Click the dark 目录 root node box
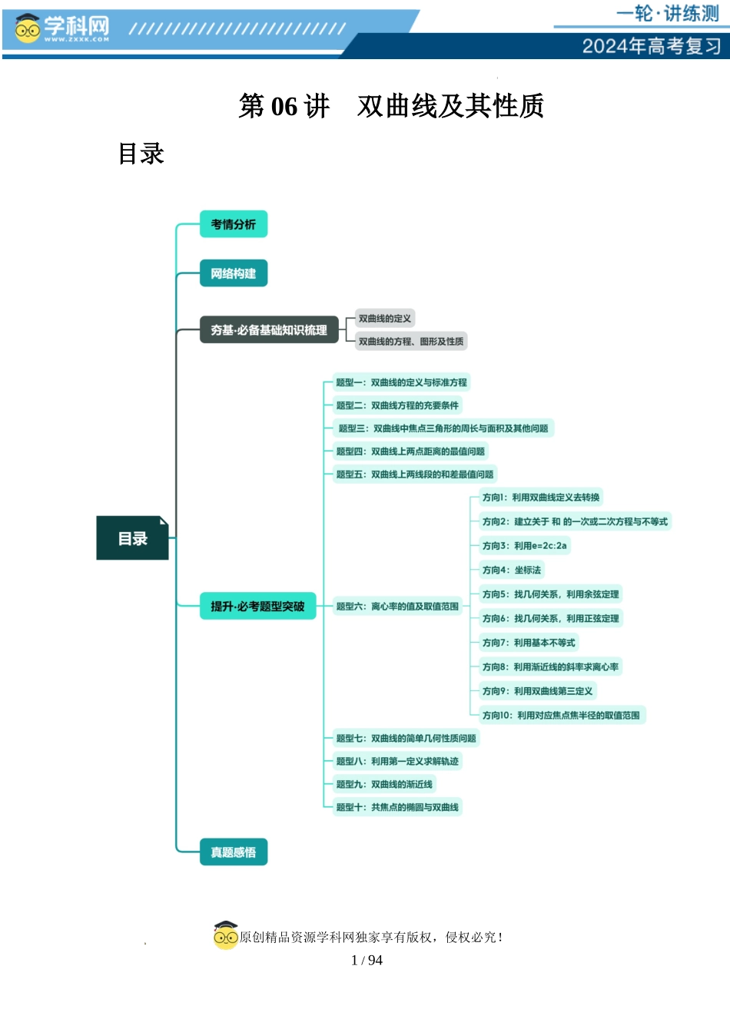coord(132,538)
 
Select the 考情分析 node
coord(233,224)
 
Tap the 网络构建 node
coord(233,273)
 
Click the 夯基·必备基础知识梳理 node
coord(269,330)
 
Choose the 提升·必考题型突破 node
coord(257,607)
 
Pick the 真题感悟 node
coord(233,852)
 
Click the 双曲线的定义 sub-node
coord(385,319)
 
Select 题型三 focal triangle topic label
coord(443,428)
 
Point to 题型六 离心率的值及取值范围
coord(397,607)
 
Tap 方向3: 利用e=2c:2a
coord(524,546)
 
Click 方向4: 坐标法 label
coord(511,570)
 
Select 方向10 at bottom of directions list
coord(561,715)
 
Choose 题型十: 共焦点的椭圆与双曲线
coord(397,807)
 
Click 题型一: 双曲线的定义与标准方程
coord(401,382)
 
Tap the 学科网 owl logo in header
coord(28,29)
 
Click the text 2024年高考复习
coord(652,46)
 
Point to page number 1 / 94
coord(367,960)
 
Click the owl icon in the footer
coord(226,935)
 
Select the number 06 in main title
coord(284,106)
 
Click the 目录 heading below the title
coord(141,154)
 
